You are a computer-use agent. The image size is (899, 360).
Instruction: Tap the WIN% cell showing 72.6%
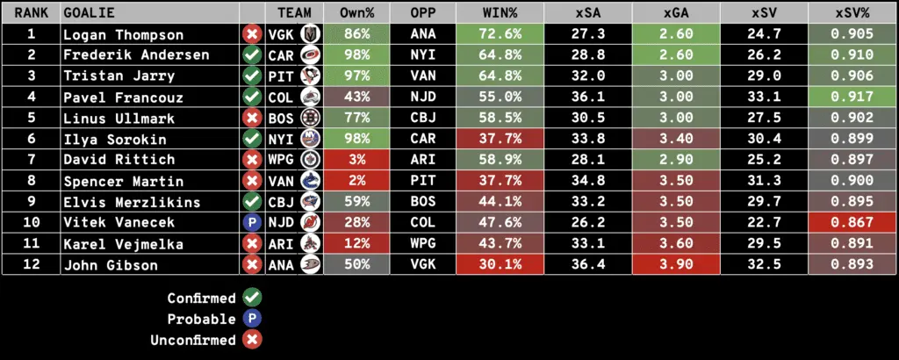(500, 34)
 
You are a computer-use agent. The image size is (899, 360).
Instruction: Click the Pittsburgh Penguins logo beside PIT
(310, 76)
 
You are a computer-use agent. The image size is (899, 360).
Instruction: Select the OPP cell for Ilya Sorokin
(425, 139)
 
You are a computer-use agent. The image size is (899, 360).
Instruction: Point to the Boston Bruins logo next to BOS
(310, 119)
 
